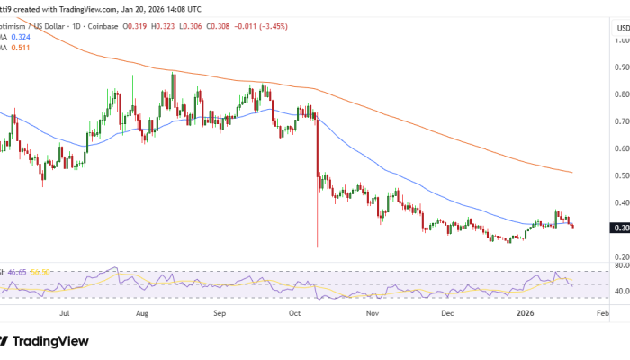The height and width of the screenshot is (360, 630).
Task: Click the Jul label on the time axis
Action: pos(64,316)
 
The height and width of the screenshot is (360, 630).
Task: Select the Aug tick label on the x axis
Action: pos(141,316)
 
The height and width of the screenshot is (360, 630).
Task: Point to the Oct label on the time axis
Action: pos(294,316)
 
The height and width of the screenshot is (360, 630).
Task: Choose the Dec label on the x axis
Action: pos(447,316)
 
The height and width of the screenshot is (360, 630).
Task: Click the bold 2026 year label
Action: pos(523,316)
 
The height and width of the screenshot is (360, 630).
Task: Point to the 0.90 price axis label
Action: pos(620,67)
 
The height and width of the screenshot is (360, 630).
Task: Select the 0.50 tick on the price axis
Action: pos(620,175)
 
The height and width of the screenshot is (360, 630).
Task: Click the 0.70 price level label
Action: pos(620,121)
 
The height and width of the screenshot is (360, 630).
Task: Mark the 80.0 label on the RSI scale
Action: pos(620,266)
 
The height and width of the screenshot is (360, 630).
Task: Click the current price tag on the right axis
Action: pos(619,229)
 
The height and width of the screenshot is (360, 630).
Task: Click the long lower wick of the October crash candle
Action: pos(318,225)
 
